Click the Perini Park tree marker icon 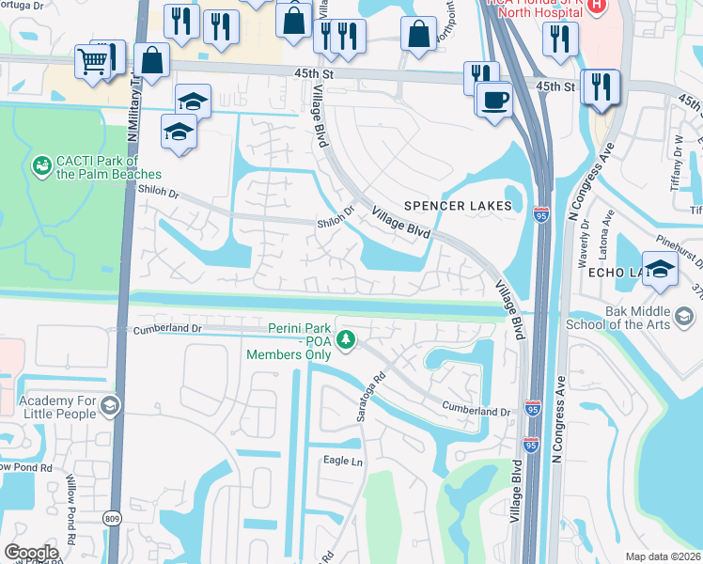tap(346, 339)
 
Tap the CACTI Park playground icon tap(41, 166)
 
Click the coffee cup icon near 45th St tap(493, 99)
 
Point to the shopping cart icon tap(92, 62)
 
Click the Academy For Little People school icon tap(110, 406)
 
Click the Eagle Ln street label tap(343, 461)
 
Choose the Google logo tap(31, 552)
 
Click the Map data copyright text tap(664, 556)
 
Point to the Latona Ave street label tap(609, 231)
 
